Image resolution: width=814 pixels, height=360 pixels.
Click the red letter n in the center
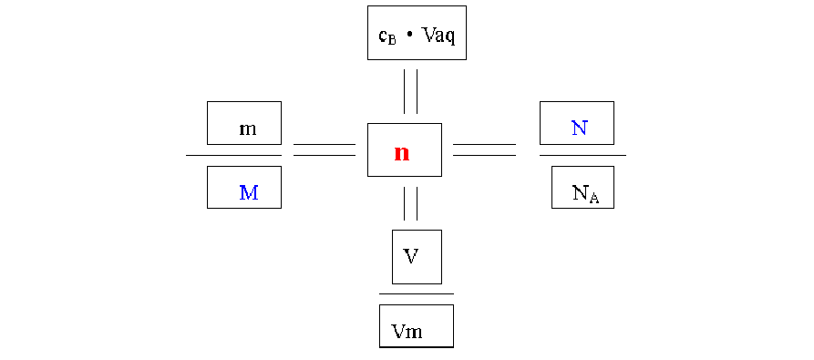(x=402, y=153)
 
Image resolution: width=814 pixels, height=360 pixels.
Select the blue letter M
(x=249, y=192)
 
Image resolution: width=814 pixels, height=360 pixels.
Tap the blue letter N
(x=580, y=128)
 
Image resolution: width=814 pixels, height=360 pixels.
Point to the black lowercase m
(x=248, y=129)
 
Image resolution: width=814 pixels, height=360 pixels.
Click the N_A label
(x=586, y=194)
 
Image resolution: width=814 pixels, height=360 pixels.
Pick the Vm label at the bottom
(x=407, y=332)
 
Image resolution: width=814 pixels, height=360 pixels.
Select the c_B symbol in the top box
(x=387, y=36)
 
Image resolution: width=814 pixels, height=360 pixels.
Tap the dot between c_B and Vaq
(x=409, y=36)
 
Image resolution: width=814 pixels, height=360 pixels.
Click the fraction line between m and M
(x=233, y=155)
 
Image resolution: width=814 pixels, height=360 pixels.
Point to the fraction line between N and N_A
(x=582, y=155)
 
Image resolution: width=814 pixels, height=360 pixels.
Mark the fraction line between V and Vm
(x=417, y=294)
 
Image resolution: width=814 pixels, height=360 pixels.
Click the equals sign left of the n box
(x=325, y=149)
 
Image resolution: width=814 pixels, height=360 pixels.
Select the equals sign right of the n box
(x=484, y=149)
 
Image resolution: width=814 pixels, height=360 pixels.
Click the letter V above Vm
(x=411, y=256)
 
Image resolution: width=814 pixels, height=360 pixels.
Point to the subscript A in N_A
(x=594, y=198)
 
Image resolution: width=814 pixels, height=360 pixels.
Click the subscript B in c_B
(x=392, y=40)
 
